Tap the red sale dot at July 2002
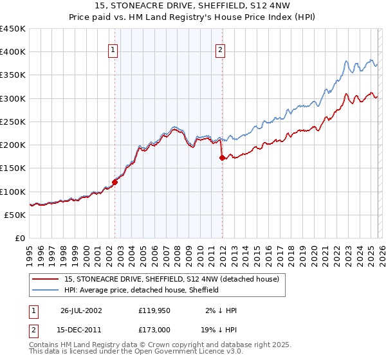click(115, 182)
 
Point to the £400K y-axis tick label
click(13, 52)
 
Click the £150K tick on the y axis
click(13, 168)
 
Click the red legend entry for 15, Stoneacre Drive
click(171, 279)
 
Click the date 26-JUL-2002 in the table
click(81, 310)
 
